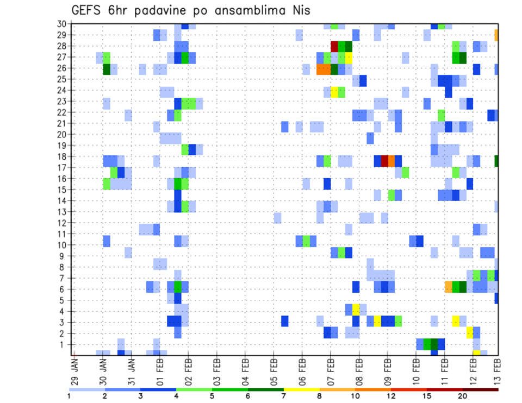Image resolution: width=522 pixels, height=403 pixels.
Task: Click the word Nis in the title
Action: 299,10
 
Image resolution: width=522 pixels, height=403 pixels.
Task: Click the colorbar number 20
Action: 463,396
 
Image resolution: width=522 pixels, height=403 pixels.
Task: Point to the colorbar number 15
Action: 427,396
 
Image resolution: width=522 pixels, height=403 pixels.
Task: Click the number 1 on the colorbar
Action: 69,396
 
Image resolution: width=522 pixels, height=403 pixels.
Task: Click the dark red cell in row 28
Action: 334,46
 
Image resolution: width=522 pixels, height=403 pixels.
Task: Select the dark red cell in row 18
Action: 384,161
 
